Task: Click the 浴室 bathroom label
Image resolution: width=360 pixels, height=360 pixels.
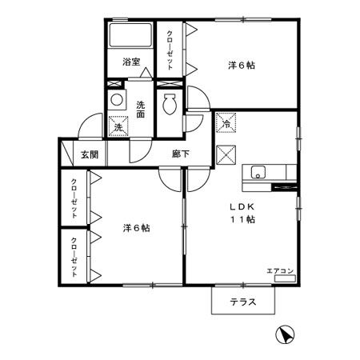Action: [131, 61]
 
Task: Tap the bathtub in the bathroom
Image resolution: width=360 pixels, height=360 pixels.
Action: [130, 37]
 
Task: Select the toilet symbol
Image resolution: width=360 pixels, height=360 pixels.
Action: [169, 105]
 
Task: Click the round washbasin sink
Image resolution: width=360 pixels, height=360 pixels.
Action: [117, 101]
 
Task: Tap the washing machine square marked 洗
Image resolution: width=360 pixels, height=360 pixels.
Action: [118, 126]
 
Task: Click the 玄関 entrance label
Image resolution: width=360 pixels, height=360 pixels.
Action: [89, 154]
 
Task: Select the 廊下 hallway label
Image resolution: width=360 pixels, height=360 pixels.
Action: [180, 154]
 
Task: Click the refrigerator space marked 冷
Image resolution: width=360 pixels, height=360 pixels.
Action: [226, 124]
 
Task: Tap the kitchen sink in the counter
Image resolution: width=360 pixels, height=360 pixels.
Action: [258, 171]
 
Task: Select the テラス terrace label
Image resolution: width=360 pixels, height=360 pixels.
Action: [242, 302]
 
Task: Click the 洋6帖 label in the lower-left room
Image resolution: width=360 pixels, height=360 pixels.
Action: [136, 228]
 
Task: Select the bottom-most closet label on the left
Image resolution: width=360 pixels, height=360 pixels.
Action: [74, 256]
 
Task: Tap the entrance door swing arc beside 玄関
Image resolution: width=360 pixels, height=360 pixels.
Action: [87, 129]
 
